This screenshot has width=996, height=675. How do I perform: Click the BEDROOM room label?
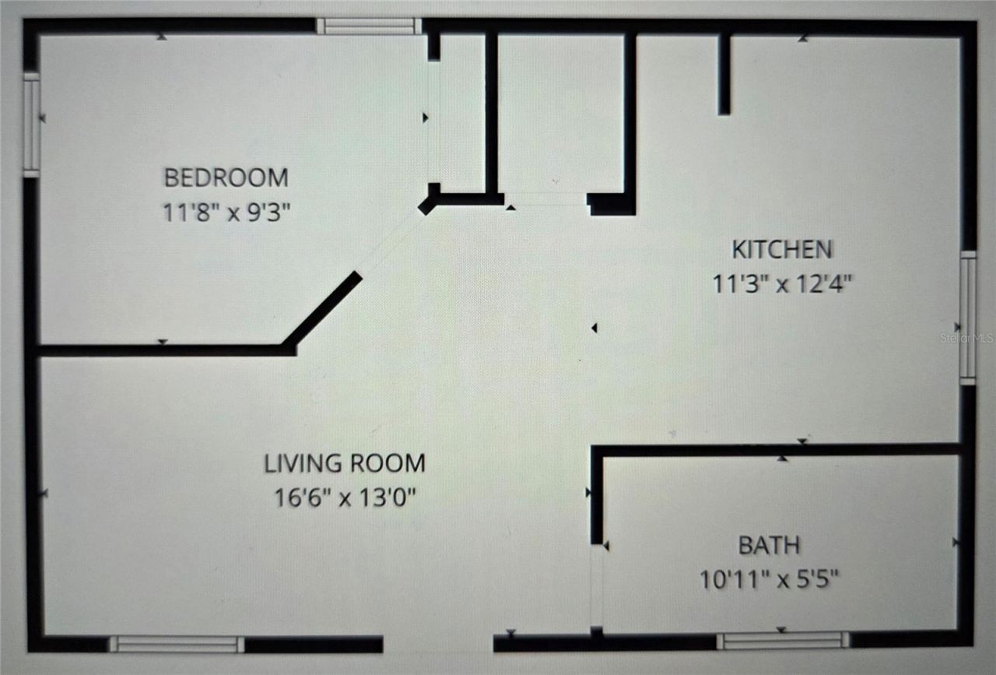coord(226,178)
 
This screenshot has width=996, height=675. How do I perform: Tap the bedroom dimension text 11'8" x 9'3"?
coord(226,212)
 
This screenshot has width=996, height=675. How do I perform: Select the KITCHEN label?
coord(782,250)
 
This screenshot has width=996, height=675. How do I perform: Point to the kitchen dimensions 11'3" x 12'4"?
coord(782,283)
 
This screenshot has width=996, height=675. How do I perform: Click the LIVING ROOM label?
coord(345,463)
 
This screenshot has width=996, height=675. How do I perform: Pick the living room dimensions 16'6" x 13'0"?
coord(345,497)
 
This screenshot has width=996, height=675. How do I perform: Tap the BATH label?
coord(769,545)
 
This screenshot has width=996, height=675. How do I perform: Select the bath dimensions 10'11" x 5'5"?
coord(769,579)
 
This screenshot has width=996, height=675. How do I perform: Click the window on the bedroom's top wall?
coord(369,26)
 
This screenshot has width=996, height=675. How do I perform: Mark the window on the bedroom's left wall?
coord(31,125)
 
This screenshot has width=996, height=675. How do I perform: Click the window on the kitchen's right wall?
coord(967,318)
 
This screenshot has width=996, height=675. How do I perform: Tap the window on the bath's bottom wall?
coord(782,641)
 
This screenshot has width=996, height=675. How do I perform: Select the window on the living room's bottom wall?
coord(176,644)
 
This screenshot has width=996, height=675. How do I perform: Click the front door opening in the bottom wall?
coord(438,644)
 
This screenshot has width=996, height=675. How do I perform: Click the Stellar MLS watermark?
coord(966,339)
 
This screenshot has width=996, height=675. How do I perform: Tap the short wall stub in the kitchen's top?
coord(724,74)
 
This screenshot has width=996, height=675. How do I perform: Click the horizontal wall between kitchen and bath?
coord(778,450)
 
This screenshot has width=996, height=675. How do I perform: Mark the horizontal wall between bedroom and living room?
coord(163,350)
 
